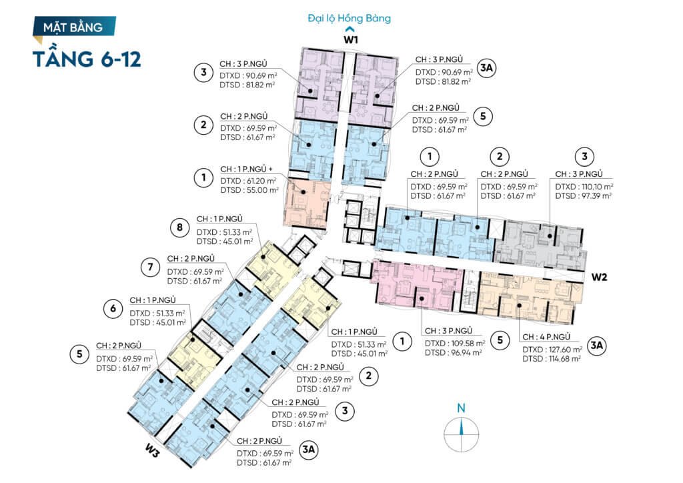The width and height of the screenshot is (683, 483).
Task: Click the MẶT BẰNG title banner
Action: point(74,27)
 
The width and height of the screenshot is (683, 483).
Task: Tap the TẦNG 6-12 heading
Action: point(87,58)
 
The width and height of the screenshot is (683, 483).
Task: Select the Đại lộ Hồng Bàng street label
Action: point(350,18)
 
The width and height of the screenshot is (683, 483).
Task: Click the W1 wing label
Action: point(351,39)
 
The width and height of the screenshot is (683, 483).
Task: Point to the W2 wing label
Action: point(599,277)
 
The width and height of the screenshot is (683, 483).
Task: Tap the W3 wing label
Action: point(152,452)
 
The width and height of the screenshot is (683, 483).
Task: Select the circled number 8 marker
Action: point(180,227)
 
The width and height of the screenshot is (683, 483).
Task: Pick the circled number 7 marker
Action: point(150,267)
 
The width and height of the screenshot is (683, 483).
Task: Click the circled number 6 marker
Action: point(113,308)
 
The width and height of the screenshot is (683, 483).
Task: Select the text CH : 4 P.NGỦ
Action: point(546,337)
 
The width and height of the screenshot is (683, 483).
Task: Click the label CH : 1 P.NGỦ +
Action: point(247,169)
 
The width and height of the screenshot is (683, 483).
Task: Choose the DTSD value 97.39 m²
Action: point(594,196)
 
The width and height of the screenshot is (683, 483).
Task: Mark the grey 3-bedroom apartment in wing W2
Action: point(540,244)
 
